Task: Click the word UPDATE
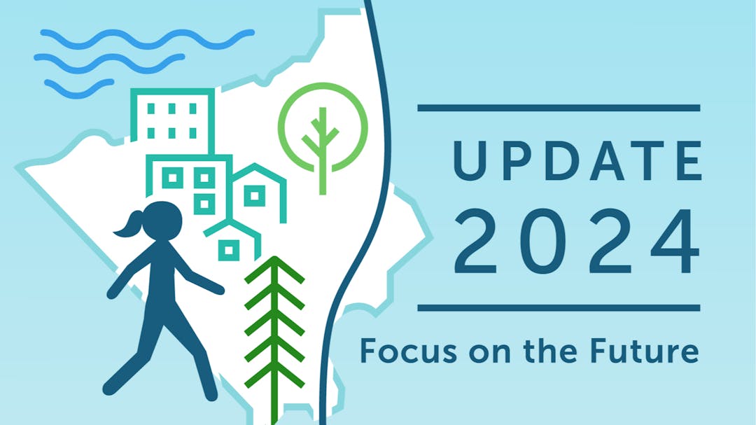pyautogui.click(x=577, y=160)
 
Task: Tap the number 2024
pyautogui.click(x=577, y=241)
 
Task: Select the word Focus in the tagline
pyautogui.click(x=409, y=351)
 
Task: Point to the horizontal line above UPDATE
pyautogui.click(x=559, y=108)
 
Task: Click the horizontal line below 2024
pyautogui.click(x=559, y=308)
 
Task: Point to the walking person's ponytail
pyautogui.click(x=128, y=225)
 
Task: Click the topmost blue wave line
pyautogui.click(x=147, y=39)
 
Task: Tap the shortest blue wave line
pyautogui.click(x=80, y=88)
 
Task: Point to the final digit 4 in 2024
pyautogui.click(x=675, y=241)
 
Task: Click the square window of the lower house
pyautogui.click(x=229, y=250)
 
